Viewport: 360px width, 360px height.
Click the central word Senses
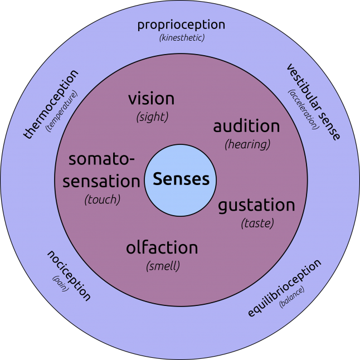pyautogui.click(x=181, y=179)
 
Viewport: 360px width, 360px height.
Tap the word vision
pyautogui.click(x=151, y=99)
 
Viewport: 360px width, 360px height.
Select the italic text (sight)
pyautogui.click(x=152, y=117)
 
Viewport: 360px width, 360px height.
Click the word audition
pyautogui.click(x=246, y=127)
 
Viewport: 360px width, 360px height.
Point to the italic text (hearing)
pyautogui.click(x=247, y=144)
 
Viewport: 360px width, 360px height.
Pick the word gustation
pyautogui.click(x=256, y=205)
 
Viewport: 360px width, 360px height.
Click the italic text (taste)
pyautogui.click(x=257, y=223)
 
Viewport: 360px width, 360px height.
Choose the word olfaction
pyautogui.click(x=162, y=247)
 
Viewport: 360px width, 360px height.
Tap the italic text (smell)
pyautogui.click(x=163, y=266)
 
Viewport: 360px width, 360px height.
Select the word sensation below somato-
pyautogui.click(x=101, y=181)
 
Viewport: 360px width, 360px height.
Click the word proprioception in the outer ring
pyautogui.click(x=181, y=25)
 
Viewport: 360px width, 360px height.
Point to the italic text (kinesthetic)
pyautogui.click(x=181, y=37)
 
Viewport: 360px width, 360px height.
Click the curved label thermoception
pyautogui.click(x=51, y=104)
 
